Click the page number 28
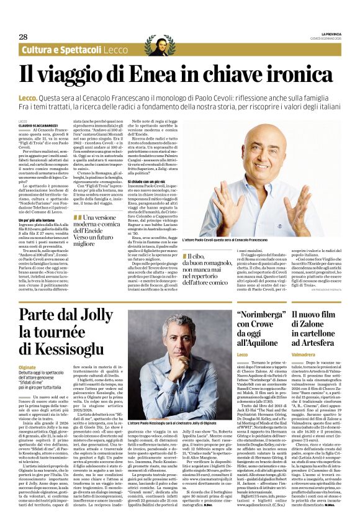pyautogui.click(x=23, y=37)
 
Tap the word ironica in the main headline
pyautogui.click(x=298, y=75)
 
